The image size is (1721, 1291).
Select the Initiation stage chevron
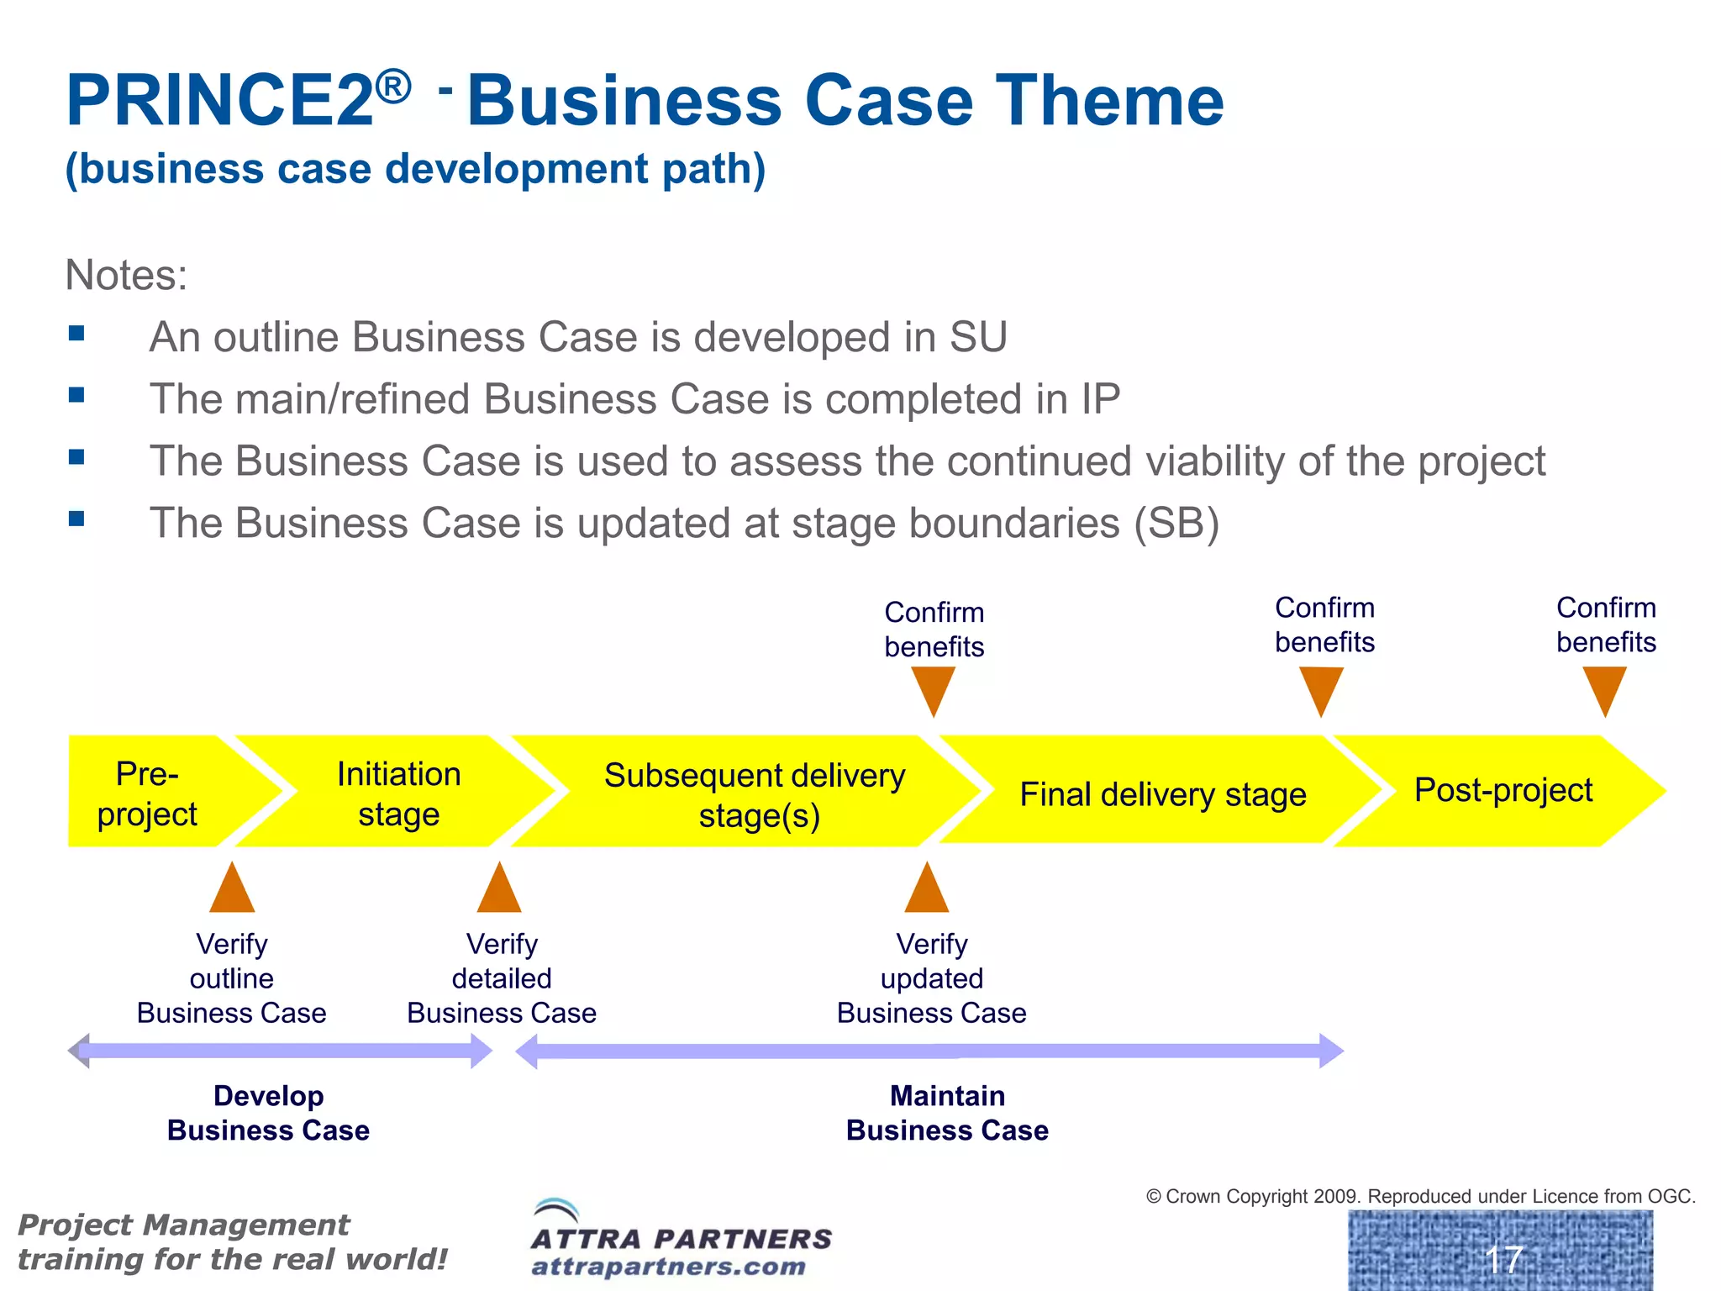(399, 793)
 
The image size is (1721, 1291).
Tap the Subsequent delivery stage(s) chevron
(754, 793)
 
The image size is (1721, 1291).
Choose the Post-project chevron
(1503, 790)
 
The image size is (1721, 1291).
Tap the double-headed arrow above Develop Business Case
(280, 1051)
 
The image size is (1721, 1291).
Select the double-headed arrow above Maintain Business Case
(929, 1051)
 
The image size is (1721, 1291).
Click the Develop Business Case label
(268, 1113)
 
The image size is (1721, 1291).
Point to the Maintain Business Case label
(947, 1113)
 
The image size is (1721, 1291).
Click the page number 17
(1503, 1259)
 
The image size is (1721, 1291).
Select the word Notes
(126, 275)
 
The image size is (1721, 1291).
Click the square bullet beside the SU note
(76, 334)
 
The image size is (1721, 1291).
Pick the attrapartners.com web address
(669, 1266)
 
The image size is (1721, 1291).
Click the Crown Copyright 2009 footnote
(1421, 1195)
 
